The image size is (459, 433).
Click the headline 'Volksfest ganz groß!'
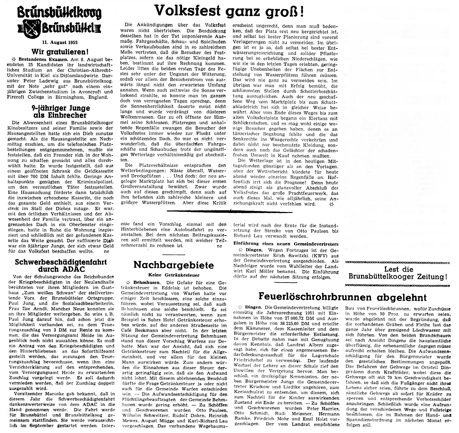tap(229, 11)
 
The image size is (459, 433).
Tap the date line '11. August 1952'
tap(60, 42)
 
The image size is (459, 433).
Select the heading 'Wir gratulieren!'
tap(60, 52)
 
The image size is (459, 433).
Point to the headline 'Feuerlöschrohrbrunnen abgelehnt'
tap(342, 297)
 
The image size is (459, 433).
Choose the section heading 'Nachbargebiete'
tap(174, 265)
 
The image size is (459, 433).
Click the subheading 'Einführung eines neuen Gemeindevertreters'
tap(286, 244)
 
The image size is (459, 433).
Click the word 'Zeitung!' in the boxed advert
tap(431, 277)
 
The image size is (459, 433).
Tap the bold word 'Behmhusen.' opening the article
tap(147, 283)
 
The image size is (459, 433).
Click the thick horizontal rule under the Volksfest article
tap(229, 211)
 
